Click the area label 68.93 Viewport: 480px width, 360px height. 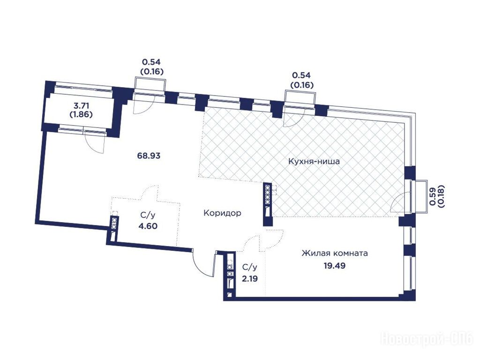tap(149, 156)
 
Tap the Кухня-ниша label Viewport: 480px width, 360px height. tap(314, 161)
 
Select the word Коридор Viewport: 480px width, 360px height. tap(222, 213)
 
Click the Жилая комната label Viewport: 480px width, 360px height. tap(335, 254)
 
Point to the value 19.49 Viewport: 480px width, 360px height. tap(335, 266)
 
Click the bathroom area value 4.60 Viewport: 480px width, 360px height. tap(148, 226)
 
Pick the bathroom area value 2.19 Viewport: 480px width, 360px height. tap(249, 279)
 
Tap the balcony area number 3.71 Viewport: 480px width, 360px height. tap(82, 106)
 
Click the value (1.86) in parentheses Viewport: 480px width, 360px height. tap(82, 115)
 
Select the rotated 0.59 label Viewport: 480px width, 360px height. tap(433, 196)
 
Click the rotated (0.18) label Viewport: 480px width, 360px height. tap(442, 196)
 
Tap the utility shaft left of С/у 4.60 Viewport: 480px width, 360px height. tap(114, 228)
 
